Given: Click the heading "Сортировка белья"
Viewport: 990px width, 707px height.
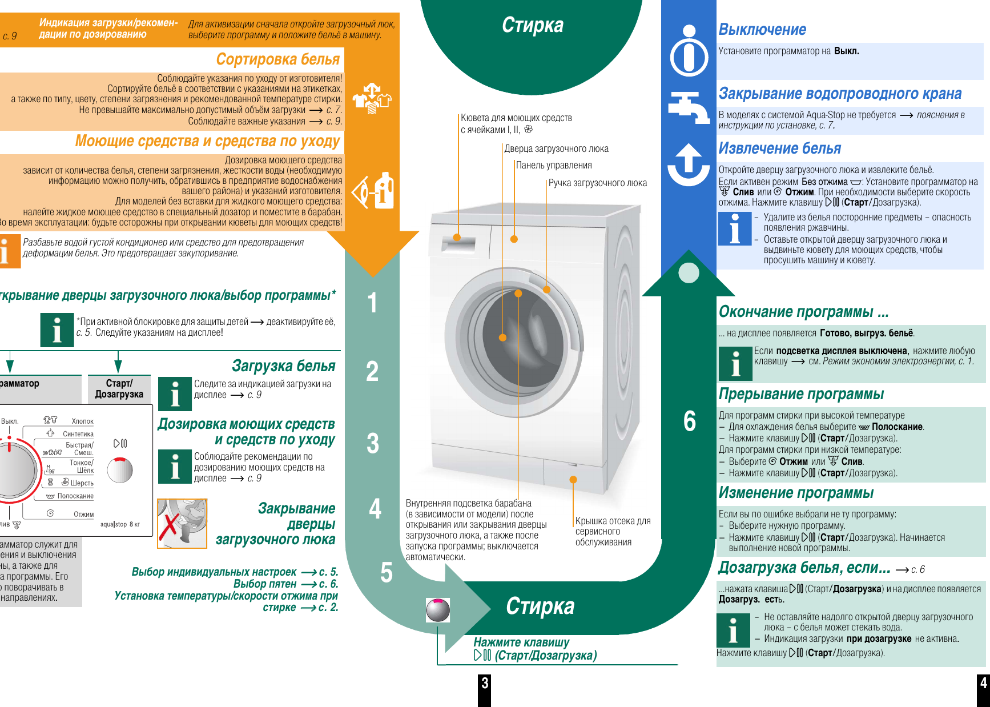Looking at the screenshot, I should [277, 59].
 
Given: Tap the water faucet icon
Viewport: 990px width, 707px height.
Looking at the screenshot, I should [689, 107].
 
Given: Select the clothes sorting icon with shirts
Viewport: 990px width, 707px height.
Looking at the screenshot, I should [372, 99].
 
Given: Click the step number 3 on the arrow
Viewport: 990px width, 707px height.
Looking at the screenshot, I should [372, 443].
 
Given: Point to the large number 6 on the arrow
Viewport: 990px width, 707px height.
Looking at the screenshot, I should [690, 421].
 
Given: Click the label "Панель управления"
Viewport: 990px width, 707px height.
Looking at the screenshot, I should [554, 166].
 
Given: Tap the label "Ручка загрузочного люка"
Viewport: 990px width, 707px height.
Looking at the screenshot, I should [597, 183].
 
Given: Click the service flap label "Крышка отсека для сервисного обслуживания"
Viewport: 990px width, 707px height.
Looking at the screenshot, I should [613, 531].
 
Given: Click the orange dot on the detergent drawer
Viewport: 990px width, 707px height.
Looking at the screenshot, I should [457, 238].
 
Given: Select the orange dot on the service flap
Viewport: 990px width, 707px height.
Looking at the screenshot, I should [573, 480].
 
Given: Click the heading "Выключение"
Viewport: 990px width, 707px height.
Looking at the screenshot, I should [762, 30].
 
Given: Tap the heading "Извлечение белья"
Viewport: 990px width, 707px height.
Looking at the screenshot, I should [779, 148].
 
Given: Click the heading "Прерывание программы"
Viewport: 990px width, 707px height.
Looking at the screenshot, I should [801, 394].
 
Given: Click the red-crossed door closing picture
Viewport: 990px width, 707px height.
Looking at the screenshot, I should [182, 523].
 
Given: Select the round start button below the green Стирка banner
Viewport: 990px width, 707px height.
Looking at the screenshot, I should [438, 610].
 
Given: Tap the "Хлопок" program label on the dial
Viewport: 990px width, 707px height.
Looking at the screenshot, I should [82, 421].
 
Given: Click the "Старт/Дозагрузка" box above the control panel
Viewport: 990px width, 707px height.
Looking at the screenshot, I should [119, 389].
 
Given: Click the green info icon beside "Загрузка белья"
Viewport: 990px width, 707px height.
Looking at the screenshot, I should [175, 393].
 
